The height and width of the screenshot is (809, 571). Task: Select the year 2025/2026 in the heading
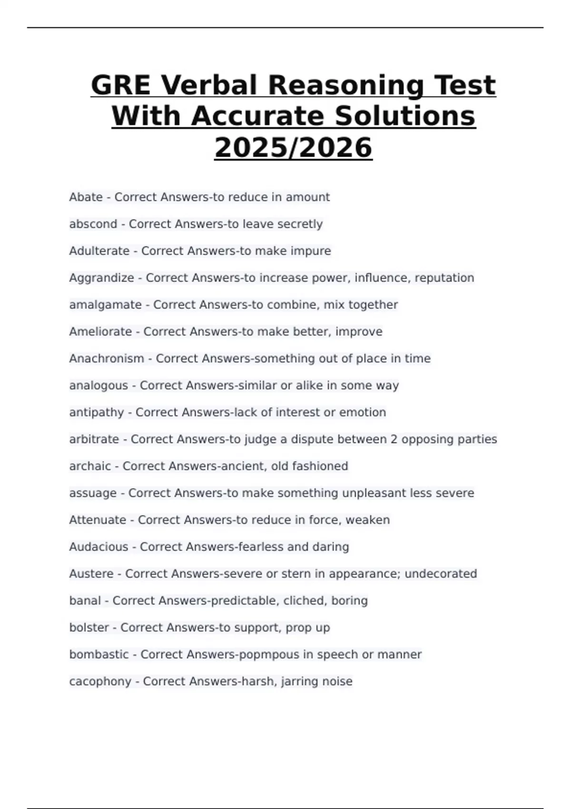293,148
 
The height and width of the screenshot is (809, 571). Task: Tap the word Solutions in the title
405,117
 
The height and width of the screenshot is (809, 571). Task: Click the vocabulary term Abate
86,197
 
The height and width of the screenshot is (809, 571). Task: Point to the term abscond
93,224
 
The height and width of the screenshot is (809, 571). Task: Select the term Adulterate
99,251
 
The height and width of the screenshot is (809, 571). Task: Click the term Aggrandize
101,278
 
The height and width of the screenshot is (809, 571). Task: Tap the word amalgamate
105,305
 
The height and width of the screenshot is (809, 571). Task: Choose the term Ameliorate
100,332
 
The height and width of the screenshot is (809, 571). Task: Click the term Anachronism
107,358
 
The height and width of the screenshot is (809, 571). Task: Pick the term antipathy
96,412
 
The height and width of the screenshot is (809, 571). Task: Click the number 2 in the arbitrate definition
394,439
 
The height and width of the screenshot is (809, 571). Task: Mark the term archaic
90,466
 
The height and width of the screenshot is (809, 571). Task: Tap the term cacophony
100,681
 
